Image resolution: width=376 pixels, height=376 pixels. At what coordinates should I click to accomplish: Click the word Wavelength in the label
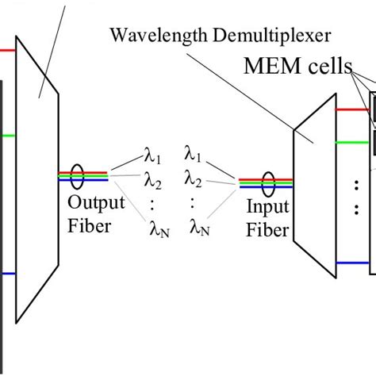(x=148, y=36)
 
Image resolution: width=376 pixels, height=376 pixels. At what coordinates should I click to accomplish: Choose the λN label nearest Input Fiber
(x=200, y=230)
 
